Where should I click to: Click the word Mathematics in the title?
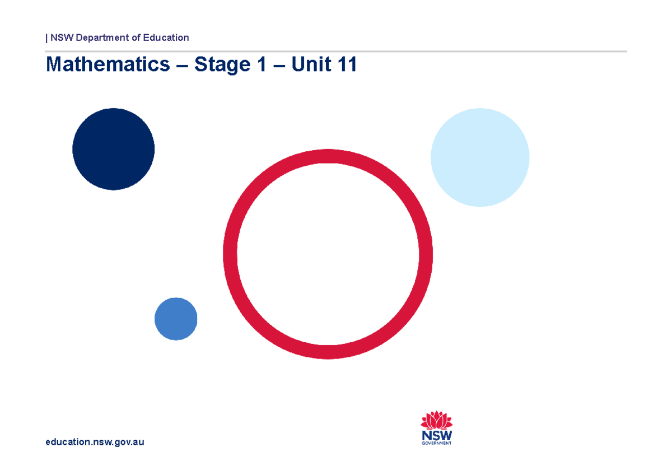pyautogui.click(x=108, y=65)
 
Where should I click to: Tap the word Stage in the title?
pyautogui.click(x=221, y=65)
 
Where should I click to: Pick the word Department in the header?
pyautogui.click(x=99, y=38)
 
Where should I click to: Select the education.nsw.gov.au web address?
pyautogui.click(x=95, y=442)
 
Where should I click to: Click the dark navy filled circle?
pyautogui.click(x=113, y=149)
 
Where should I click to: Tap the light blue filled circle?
pyautogui.click(x=480, y=157)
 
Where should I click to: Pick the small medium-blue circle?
pyautogui.click(x=176, y=319)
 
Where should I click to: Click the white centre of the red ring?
pyautogui.click(x=328, y=254)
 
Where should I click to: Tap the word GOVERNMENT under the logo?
pyautogui.click(x=437, y=443)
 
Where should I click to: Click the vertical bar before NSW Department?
pyautogui.click(x=46, y=38)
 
